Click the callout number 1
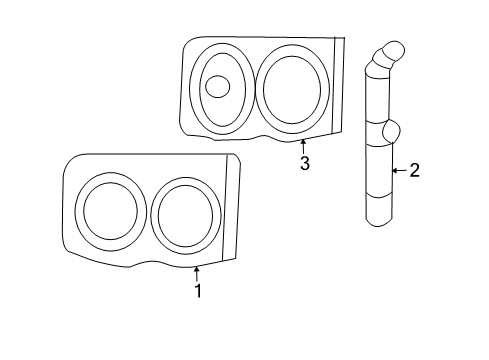[198, 291]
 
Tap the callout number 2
[415, 171]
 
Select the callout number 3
[305, 163]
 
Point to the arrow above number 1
[197, 273]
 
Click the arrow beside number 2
[396, 171]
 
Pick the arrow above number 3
[303, 146]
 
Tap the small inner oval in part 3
[217, 86]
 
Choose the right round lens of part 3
[293, 88]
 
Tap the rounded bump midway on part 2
[390, 130]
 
